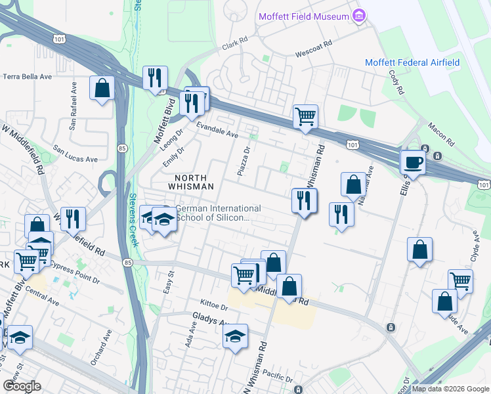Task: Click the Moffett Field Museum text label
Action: pos(304,16)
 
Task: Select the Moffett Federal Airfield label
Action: pos(412,62)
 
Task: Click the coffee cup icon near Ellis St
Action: pos(412,162)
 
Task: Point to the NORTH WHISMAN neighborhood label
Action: pos(194,182)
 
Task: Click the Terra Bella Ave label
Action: pos(28,76)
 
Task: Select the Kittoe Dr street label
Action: pos(215,307)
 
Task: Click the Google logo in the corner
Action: pos(22,386)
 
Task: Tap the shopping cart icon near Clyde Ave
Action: pos(460,280)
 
